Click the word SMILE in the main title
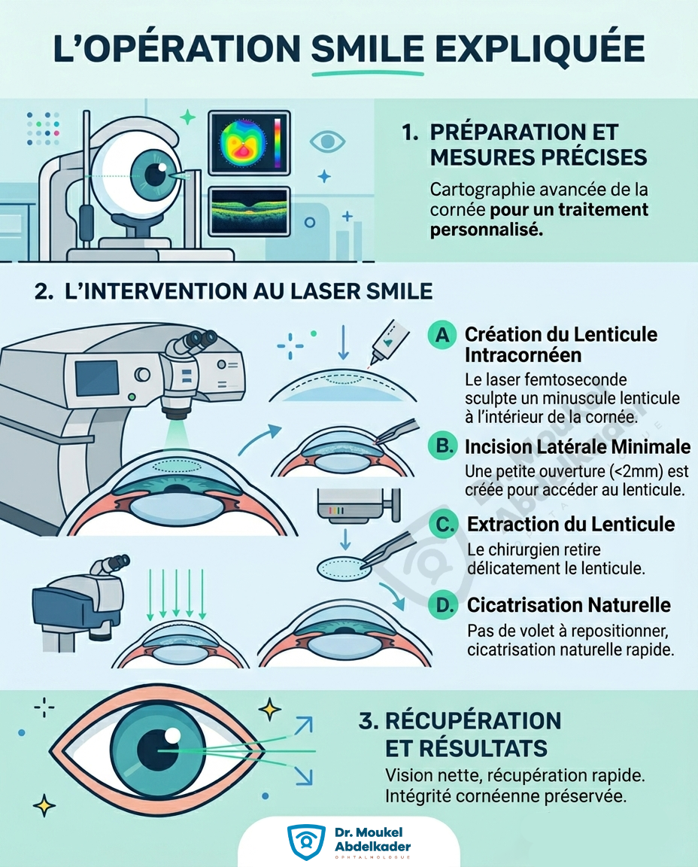pyautogui.click(x=368, y=49)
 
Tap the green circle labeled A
pyautogui.click(x=442, y=334)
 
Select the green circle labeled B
pyautogui.click(x=443, y=446)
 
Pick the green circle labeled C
pyautogui.click(x=444, y=524)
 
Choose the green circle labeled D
pyautogui.click(x=444, y=604)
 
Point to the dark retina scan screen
pyautogui.click(x=249, y=211)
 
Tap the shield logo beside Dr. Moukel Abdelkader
pyautogui.click(x=306, y=841)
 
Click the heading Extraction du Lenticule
pyautogui.click(x=571, y=524)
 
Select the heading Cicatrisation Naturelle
pyautogui.click(x=569, y=605)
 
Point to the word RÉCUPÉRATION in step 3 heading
pyautogui.click(x=473, y=721)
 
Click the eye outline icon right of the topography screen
pyautogui.click(x=327, y=141)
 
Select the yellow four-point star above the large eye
pyautogui.click(x=270, y=710)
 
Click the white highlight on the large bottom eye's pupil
pyautogui.click(x=173, y=735)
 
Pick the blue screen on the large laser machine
pyautogui.click(x=97, y=379)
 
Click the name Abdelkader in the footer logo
pyautogui.click(x=372, y=847)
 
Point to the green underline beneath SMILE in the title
pyautogui.click(x=368, y=73)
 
